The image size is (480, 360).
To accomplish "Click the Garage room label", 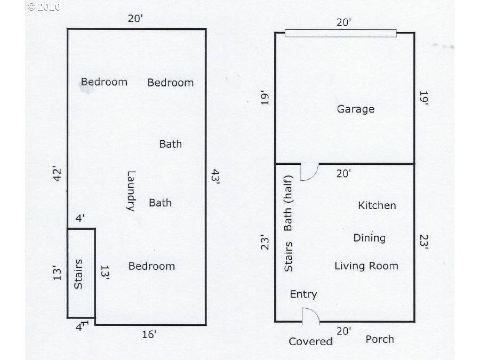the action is pos(355,109).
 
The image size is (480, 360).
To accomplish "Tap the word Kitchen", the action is pos(377,205).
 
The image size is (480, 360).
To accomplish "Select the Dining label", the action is pos(369,238).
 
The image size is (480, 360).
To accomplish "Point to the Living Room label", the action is pos(366,266).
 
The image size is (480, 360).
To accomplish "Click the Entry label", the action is pos(303,294).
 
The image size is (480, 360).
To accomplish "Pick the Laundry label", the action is pos(131,191).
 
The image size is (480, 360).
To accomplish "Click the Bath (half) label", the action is pos(288,203).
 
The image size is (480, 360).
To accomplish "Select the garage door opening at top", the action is pos(340,34).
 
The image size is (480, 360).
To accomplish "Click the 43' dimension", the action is pos(215,177).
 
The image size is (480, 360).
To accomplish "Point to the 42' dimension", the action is pos(57,174).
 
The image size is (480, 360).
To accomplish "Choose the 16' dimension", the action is pos(149,334).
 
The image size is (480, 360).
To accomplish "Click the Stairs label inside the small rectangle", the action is pos(78,274).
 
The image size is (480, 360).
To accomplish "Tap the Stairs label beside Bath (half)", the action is pos(288,257).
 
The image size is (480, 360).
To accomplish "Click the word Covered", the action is pos(310,341).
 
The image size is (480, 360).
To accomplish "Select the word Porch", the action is pos(380,339).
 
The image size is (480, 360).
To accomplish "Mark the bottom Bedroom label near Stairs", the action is pos(151,266).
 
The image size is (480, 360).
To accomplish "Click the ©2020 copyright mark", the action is pos(44,7).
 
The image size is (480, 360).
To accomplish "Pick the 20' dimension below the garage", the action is pos(343,173).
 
